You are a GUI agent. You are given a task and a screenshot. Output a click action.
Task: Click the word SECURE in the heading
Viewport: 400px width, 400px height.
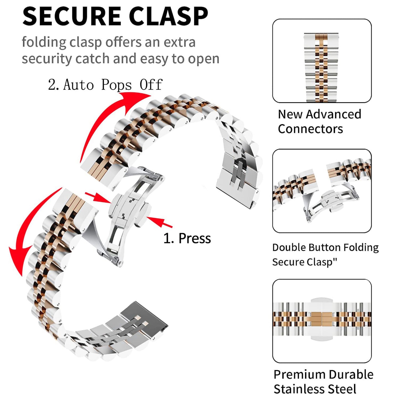click(x=72, y=16)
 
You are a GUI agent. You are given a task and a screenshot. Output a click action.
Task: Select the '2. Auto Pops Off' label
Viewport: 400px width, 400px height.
click(x=105, y=85)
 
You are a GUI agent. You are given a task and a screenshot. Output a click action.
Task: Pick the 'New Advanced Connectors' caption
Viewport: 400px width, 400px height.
click(x=319, y=122)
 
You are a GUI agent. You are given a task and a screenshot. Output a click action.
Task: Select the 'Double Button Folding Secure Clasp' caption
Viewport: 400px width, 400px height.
click(x=325, y=254)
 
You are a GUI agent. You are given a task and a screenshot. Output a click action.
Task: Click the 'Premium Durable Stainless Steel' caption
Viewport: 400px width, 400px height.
click(x=323, y=381)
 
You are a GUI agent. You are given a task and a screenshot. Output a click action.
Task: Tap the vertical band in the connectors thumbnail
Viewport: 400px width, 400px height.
click(x=321, y=68)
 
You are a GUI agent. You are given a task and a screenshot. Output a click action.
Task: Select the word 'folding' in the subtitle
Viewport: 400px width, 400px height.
click(x=44, y=43)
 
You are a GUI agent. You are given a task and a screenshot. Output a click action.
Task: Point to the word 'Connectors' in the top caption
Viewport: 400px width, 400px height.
click(x=310, y=129)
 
